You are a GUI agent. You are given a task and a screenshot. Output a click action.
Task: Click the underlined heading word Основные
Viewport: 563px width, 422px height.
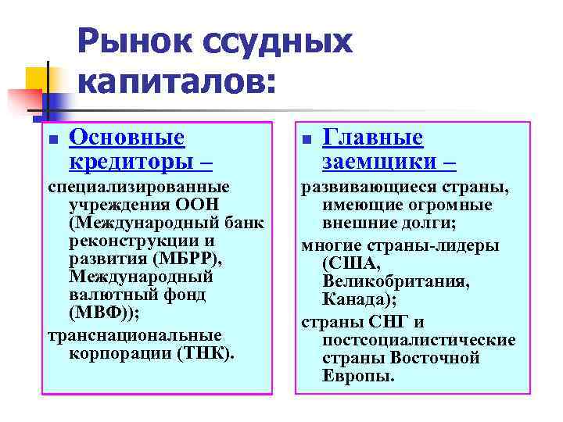pyautogui.click(x=127, y=138)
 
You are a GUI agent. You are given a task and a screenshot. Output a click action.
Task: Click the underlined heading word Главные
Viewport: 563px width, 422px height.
pyautogui.click(x=373, y=138)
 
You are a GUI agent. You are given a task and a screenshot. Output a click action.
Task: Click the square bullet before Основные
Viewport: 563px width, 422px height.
pyautogui.click(x=52, y=141)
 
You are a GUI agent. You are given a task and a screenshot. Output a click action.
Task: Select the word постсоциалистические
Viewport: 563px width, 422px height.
pyautogui.click(x=418, y=340)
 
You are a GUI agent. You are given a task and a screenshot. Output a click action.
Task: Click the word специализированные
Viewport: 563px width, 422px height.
pyautogui.click(x=138, y=187)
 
